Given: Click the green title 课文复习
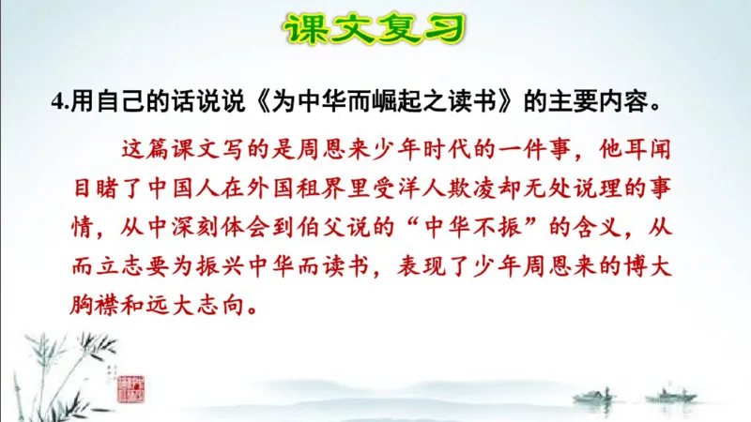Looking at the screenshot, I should point(375,31).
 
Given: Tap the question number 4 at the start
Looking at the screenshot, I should point(57,102).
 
